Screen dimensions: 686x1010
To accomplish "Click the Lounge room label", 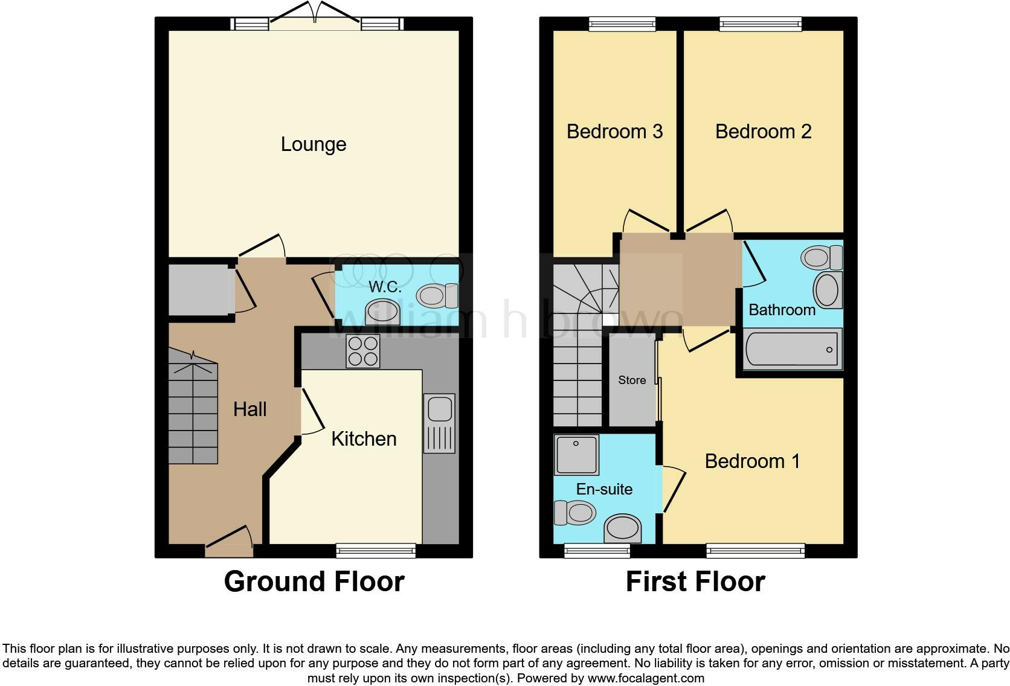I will [314, 144].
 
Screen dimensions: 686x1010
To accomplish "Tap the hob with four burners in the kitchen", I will [363, 351].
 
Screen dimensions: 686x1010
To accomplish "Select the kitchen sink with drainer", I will [439, 423].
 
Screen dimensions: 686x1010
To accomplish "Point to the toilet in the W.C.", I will [437, 296].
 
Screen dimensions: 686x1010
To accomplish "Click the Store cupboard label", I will [632, 380].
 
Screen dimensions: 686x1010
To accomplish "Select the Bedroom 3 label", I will [614, 131].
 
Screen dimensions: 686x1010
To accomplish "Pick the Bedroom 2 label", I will [763, 131].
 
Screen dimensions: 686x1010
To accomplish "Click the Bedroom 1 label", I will [752, 461].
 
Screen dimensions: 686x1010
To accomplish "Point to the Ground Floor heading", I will [314, 582].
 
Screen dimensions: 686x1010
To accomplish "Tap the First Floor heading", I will [695, 582].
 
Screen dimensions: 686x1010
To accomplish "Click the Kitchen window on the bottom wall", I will [376, 550].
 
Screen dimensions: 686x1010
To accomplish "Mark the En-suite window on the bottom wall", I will [597, 550].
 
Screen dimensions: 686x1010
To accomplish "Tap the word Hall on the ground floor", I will [249, 409].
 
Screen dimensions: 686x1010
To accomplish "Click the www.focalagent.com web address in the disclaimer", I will [645, 678].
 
